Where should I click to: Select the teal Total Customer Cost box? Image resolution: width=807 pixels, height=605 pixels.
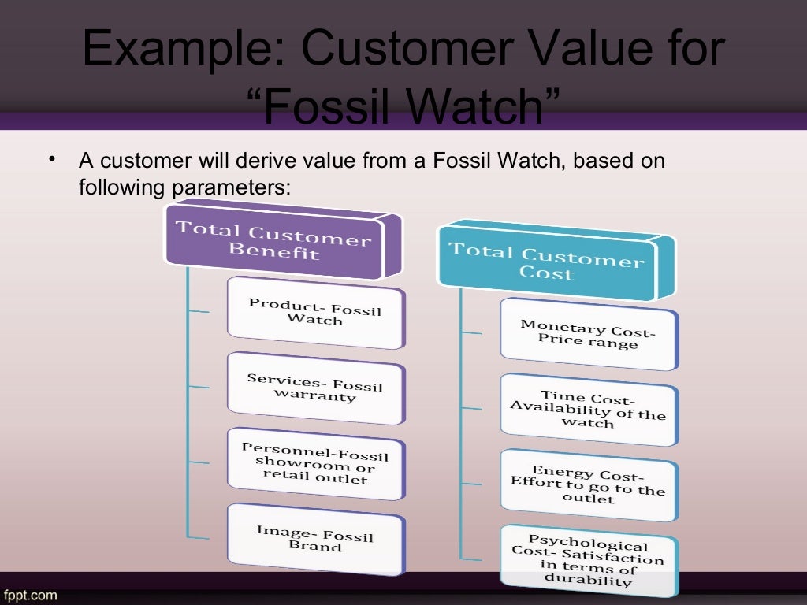(x=546, y=262)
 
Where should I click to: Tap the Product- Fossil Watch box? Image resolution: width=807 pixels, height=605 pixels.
(x=314, y=312)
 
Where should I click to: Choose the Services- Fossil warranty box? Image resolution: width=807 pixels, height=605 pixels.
(x=314, y=387)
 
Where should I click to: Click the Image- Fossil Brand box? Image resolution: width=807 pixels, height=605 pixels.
(x=314, y=537)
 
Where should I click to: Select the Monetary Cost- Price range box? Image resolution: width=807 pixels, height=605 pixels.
(x=588, y=334)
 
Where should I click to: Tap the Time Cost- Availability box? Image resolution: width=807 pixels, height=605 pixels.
(x=588, y=409)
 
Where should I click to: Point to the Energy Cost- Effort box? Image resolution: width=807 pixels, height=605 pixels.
(x=588, y=484)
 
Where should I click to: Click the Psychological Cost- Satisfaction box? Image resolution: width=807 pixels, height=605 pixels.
(x=588, y=559)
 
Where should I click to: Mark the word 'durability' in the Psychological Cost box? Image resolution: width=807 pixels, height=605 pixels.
(x=588, y=582)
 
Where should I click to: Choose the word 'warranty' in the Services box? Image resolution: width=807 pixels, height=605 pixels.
(x=314, y=396)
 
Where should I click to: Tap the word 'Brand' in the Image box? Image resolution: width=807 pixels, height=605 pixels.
(x=314, y=546)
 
